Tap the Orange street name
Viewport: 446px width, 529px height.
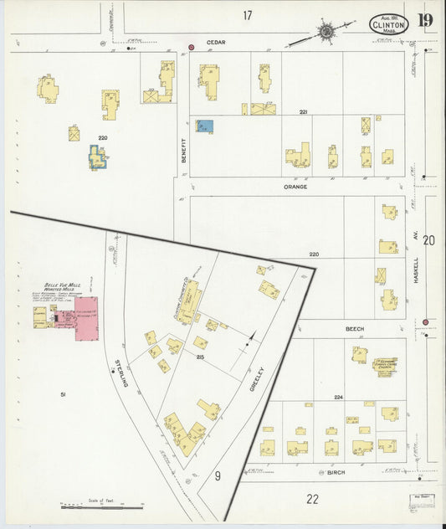pyautogui.click(x=295, y=187)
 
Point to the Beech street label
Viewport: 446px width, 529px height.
pyautogui.click(x=355, y=330)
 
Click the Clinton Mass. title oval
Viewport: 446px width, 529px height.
pyautogui.click(x=389, y=24)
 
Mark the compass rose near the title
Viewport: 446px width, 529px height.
pyautogui.click(x=324, y=32)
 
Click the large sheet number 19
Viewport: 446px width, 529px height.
pyautogui.click(x=425, y=20)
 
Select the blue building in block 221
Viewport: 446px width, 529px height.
pyautogui.click(x=205, y=126)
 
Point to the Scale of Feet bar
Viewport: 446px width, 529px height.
pyautogui.click(x=92, y=506)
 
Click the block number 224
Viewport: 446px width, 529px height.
pyautogui.click(x=338, y=397)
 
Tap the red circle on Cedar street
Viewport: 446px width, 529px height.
pyautogui.click(x=192, y=47)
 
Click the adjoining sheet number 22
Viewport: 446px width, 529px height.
pyautogui.click(x=312, y=500)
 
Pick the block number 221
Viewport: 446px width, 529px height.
pyautogui.click(x=304, y=111)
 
